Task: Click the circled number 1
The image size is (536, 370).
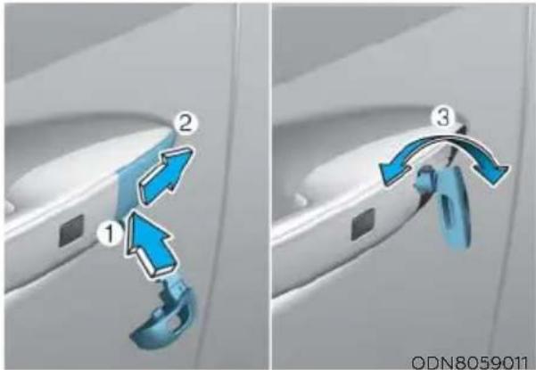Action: coord(109,233)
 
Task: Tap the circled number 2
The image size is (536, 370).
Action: coord(186,124)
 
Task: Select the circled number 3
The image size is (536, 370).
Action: coord(443,119)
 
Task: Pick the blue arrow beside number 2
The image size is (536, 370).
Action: coord(167,175)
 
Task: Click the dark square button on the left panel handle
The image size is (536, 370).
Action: coord(71,230)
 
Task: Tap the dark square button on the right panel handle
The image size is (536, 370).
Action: coord(363,224)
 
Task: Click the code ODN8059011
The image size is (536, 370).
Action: coord(470,361)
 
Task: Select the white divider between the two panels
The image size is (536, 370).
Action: coord(270,185)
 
